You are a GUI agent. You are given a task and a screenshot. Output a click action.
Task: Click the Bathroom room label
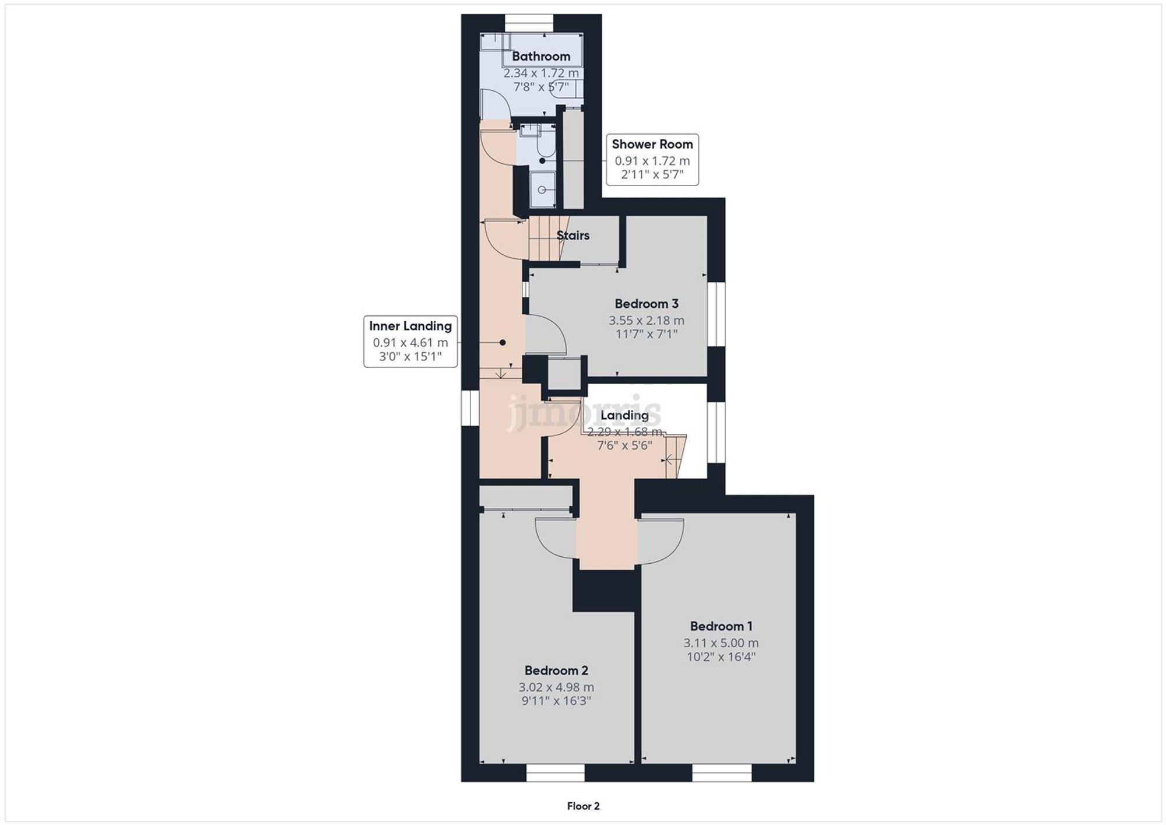pyautogui.click(x=540, y=57)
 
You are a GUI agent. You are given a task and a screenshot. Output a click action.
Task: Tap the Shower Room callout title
pyautogui.click(x=652, y=144)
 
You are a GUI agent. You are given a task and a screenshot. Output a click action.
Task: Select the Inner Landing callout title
pyautogui.click(x=410, y=326)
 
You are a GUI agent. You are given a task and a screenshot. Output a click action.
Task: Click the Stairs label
pyautogui.click(x=573, y=236)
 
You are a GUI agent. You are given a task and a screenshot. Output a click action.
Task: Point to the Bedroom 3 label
pyautogui.click(x=646, y=304)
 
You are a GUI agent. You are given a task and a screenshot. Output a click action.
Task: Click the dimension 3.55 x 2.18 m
pyautogui.click(x=646, y=320)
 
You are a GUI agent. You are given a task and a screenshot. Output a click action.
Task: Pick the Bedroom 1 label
pyautogui.click(x=721, y=626)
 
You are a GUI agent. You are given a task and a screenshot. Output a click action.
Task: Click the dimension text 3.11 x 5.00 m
pyautogui.click(x=721, y=643)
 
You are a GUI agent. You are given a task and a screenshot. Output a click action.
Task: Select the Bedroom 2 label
pyautogui.click(x=556, y=670)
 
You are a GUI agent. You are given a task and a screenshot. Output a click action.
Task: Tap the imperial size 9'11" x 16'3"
pyautogui.click(x=556, y=701)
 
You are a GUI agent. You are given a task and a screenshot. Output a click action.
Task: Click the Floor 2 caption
pyautogui.click(x=583, y=806)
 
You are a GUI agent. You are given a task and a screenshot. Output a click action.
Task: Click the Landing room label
pyautogui.click(x=624, y=415)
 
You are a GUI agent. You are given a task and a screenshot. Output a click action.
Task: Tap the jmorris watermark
pyautogui.click(x=583, y=412)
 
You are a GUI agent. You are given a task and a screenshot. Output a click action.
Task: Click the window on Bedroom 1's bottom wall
pyautogui.click(x=721, y=773)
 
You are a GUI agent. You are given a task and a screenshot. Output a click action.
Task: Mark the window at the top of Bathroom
pyautogui.click(x=528, y=23)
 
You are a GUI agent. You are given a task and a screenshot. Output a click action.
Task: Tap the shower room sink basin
pyautogui.click(x=542, y=189)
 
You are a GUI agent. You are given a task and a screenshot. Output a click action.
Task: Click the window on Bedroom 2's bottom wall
pyautogui.click(x=555, y=773)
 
